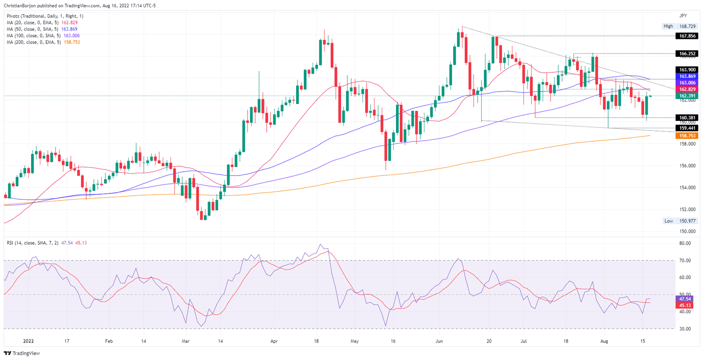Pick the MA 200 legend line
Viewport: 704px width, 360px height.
click(43, 42)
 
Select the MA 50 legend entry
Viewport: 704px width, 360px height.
click(42, 29)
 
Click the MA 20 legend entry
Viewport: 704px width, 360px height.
click(42, 22)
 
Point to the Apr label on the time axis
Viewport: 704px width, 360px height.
click(274, 341)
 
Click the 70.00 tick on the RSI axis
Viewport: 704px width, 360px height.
click(685, 261)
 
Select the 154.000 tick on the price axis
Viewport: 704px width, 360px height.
click(686, 187)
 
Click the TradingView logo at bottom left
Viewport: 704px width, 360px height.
click(22, 353)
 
